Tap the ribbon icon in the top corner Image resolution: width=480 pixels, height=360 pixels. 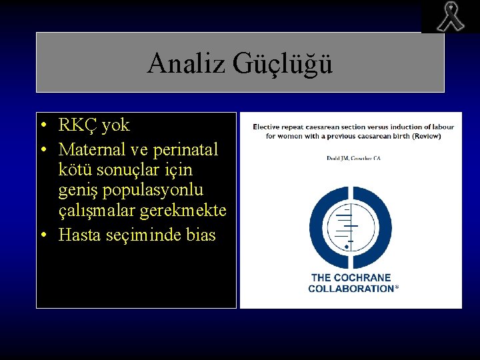coord(450,17)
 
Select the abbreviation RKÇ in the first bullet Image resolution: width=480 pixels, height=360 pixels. coord(77,125)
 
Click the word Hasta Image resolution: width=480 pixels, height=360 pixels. coord(78,235)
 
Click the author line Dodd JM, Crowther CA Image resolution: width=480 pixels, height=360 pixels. coord(353,159)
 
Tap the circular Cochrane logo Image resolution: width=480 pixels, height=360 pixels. coord(350,220)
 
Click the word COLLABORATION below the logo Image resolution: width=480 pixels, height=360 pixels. coord(351,289)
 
